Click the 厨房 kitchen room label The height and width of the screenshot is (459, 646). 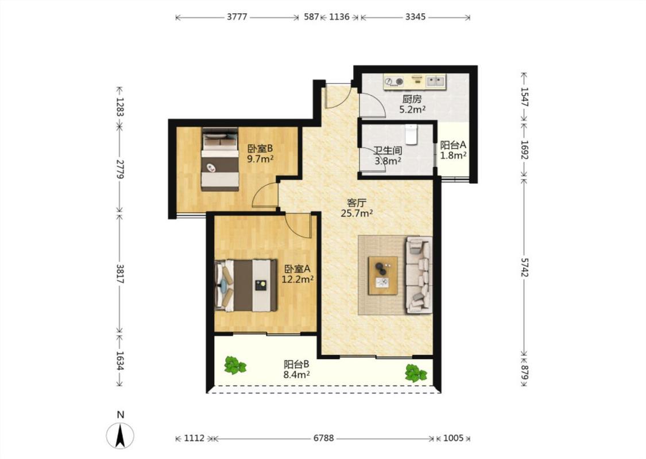click(x=412, y=99)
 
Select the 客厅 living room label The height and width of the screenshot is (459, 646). click(x=357, y=203)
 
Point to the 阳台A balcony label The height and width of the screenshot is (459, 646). click(x=453, y=145)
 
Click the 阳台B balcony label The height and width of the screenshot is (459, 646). click(x=296, y=364)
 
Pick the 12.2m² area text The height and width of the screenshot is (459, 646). click(x=297, y=279)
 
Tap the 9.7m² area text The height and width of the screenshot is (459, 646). click(x=260, y=158)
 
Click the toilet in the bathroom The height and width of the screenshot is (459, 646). click(x=411, y=134)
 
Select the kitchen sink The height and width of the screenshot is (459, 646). click(x=435, y=81)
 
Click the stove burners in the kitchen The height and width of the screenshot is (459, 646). click(x=394, y=81)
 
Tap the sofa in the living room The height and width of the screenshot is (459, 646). click(x=419, y=275)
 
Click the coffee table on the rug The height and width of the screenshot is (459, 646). click(x=383, y=275)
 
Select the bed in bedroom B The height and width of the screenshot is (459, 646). click(x=220, y=160)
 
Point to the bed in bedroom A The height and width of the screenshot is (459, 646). click(x=246, y=285)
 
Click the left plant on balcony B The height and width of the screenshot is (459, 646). click(x=235, y=365)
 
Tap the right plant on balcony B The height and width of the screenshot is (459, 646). click(x=416, y=373)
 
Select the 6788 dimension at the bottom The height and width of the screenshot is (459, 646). click(x=324, y=438)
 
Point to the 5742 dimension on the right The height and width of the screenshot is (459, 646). click(x=524, y=267)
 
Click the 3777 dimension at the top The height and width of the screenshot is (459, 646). click(x=237, y=17)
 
